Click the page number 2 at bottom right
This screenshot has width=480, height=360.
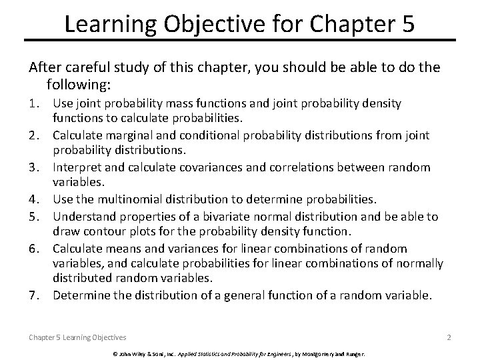coord(449,337)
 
